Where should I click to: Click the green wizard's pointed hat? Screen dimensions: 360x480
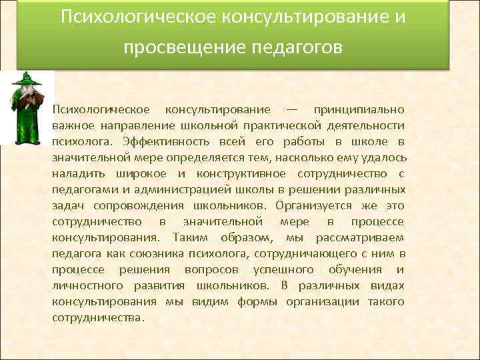pyautogui.click(x=27, y=79)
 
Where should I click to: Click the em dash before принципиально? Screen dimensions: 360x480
pyautogui.click(x=292, y=109)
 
